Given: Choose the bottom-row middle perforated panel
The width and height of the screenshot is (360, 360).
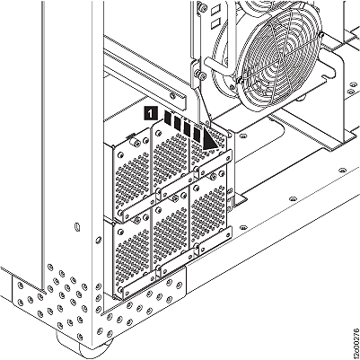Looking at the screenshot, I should click(x=171, y=237).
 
